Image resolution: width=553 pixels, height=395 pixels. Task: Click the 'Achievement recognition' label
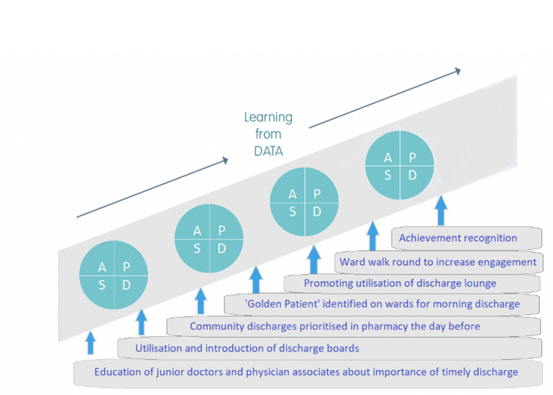[x=458, y=238]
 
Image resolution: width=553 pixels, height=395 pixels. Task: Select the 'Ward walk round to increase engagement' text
[x=438, y=262]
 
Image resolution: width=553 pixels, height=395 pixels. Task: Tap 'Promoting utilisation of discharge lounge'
[x=400, y=283]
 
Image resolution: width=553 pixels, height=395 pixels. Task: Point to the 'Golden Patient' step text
[x=382, y=304]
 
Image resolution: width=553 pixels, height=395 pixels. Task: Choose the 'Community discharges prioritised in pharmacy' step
[x=334, y=326]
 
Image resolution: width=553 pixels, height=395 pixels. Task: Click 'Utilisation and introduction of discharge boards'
[x=247, y=349]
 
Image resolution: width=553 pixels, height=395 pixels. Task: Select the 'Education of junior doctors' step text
[x=306, y=372]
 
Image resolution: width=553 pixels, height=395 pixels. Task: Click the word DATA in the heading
[x=268, y=151]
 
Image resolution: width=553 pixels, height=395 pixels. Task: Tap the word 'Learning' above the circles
[x=268, y=117]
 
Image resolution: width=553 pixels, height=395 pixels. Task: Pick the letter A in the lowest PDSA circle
[x=102, y=267]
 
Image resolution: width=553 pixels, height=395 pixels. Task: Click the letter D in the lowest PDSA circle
[x=126, y=285]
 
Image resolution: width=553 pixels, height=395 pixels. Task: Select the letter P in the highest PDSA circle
[x=412, y=157]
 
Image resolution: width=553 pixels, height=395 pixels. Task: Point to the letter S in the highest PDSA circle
[x=387, y=175]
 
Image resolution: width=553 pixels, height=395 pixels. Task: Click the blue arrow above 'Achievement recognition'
[x=441, y=211]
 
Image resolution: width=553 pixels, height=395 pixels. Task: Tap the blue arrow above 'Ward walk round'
[x=373, y=236]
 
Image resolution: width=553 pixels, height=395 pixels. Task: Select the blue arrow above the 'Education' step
[x=91, y=343]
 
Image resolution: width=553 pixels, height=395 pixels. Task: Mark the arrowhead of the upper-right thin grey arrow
[x=458, y=71]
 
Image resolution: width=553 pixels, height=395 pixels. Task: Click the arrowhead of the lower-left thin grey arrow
[x=224, y=161]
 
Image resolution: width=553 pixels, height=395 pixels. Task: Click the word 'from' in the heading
[x=268, y=134]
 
